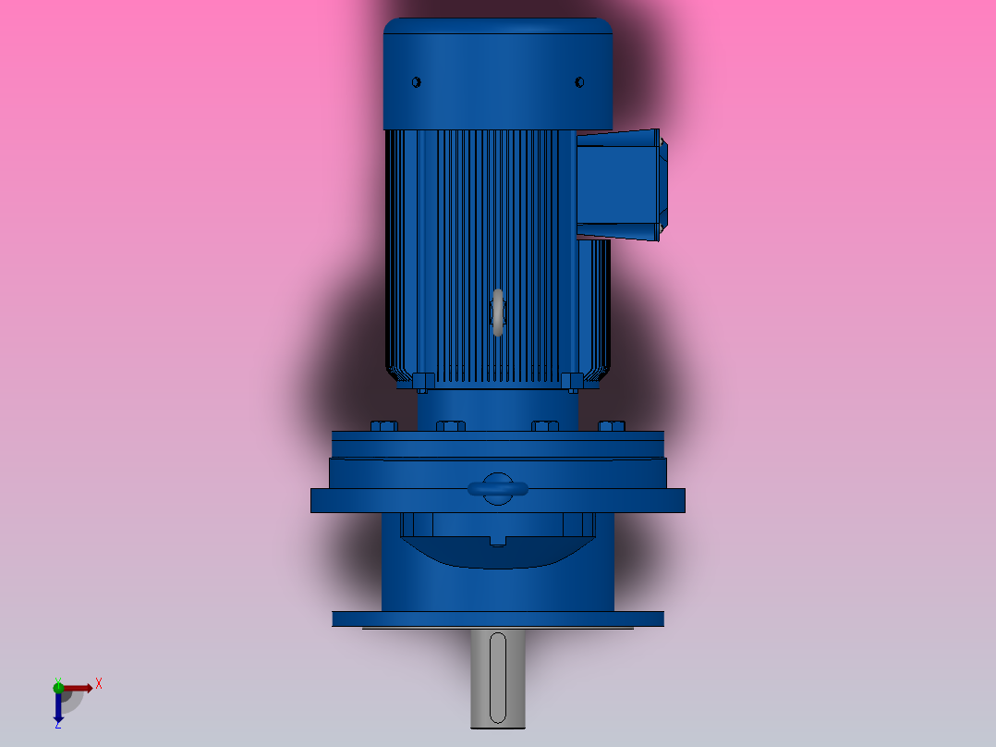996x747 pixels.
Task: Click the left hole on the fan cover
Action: point(416,82)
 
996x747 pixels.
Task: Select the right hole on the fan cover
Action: point(579,82)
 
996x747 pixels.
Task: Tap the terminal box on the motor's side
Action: point(617,185)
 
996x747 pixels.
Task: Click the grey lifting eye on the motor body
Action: point(498,312)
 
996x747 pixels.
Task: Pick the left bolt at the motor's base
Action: point(423,381)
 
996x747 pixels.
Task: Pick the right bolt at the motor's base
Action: point(572,381)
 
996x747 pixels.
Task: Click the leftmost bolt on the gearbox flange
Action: point(383,426)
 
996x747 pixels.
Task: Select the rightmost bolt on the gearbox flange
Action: point(611,426)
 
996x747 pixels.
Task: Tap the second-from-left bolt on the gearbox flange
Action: point(450,426)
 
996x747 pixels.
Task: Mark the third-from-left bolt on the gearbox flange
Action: point(545,426)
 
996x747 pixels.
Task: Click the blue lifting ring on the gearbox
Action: point(498,489)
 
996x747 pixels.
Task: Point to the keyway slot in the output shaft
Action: point(498,677)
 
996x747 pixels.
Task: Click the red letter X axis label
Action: point(99,684)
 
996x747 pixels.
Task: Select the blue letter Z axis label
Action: point(57,726)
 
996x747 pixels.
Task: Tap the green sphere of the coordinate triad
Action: point(58,686)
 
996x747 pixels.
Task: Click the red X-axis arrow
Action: point(79,688)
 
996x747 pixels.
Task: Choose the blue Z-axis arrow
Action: point(58,708)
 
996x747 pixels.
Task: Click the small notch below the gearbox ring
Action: point(498,539)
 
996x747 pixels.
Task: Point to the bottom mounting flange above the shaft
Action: point(498,618)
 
